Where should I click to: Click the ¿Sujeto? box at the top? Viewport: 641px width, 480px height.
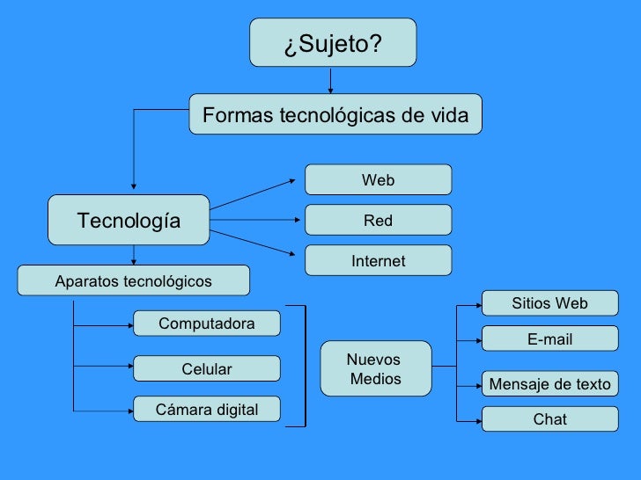tap(333, 43)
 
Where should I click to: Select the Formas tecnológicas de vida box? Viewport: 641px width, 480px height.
tap(335, 114)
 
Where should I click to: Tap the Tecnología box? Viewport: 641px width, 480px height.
tap(129, 220)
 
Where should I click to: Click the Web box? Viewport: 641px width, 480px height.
tap(378, 179)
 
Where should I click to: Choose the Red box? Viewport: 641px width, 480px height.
tap(378, 220)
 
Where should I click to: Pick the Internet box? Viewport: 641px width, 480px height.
tap(378, 260)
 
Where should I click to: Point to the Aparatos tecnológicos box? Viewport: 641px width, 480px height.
tap(134, 281)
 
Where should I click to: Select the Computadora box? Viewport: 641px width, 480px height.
tap(206, 324)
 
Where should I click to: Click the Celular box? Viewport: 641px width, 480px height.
tap(206, 368)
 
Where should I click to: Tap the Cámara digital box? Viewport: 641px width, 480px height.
tap(206, 410)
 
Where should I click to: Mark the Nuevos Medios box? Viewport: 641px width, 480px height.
tap(375, 369)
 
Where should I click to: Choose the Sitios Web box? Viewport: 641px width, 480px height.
tap(549, 303)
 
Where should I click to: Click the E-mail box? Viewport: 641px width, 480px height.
tap(549, 339)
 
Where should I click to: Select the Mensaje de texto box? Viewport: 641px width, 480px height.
tap(549, 384)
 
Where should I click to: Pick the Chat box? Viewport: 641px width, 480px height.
tap(549, 419)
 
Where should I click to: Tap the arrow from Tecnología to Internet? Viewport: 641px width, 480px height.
tap(254, 244)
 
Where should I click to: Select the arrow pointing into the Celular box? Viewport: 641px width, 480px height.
tap(104, 368)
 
